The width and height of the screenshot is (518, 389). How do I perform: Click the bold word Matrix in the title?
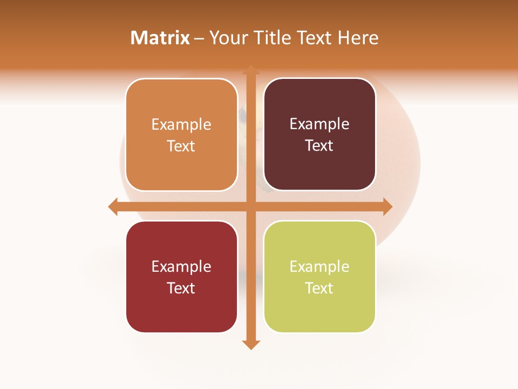[x=160, y=38]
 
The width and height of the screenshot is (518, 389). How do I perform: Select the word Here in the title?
[x=358, y=38]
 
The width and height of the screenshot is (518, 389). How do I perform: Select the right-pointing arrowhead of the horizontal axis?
[x=387, y=207]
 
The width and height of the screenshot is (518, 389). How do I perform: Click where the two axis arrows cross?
[x=250, y=207]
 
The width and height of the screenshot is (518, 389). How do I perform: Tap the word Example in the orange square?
[x=181, y=124]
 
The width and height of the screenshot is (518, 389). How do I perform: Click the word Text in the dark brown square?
[x=319, y=146]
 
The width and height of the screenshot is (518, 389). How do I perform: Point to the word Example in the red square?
[x=181, y=266]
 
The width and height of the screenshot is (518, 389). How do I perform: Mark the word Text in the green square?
[x=319, y=288]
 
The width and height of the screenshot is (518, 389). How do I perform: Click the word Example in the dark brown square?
[x=319, y=124]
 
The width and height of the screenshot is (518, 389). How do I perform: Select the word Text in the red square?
[x=181, y=288]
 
